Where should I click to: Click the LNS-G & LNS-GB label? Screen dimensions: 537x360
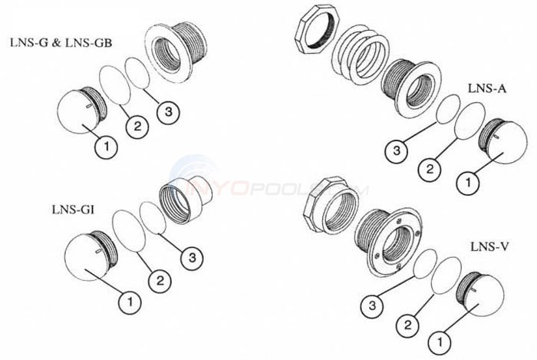pyautogui.click(x=61, y=43)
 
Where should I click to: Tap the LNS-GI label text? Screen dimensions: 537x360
pyautogui.click(x=74, y=210)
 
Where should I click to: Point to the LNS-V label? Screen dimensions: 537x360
pyautogui.click(x=489, y=246)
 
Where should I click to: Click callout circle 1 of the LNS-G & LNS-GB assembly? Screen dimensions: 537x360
pyautogui.click(x=107, y=147)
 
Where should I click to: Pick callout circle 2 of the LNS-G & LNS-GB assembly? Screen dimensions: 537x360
pyautogui.click(x=137, y=127)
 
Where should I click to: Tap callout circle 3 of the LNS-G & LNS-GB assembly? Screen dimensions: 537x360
pyautogui.click(x=169, y=111)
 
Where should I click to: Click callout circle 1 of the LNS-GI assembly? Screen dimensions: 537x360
pyautogui.click(x=130, y=302)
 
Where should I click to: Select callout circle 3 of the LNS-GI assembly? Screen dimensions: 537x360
pyautogui.click(x=192, y=257)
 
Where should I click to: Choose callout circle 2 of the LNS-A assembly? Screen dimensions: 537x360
pyautogui.click(x=430, y=169)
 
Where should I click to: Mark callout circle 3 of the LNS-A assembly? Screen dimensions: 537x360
pyautogui.click(x=397, y=150)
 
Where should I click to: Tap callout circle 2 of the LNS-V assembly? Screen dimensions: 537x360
pyautogui.click(x=407, y=324)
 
